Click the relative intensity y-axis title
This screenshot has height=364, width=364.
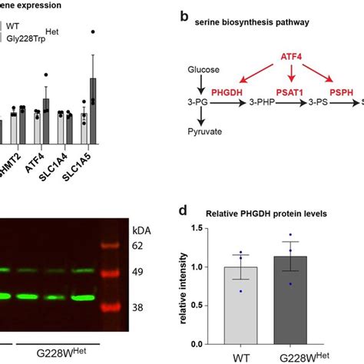click(184, 286)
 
